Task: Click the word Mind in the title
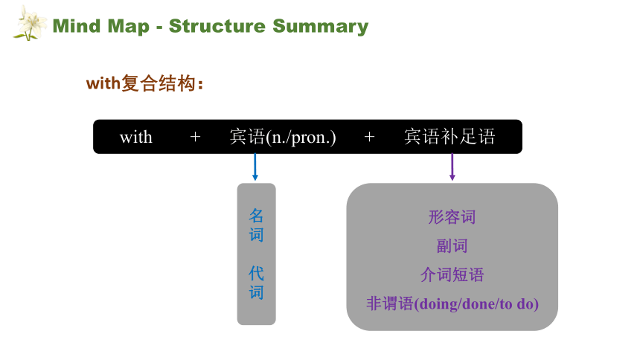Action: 77,26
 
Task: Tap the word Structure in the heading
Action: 217,26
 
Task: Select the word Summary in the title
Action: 321,27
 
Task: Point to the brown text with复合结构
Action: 144,83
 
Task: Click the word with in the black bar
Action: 136,137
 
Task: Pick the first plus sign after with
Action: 195,137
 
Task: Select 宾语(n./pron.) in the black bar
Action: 283,137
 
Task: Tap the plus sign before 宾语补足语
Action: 369,137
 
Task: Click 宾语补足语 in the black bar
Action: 449,136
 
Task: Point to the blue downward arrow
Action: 255,167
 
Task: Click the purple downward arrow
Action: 452,167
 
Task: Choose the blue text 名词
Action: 256,225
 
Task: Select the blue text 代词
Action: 256,283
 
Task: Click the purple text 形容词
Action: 452,217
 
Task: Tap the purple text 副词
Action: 452,246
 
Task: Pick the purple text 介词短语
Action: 452,274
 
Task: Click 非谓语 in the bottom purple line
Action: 390,303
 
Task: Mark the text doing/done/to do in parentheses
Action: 476,304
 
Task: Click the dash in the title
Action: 159,28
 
